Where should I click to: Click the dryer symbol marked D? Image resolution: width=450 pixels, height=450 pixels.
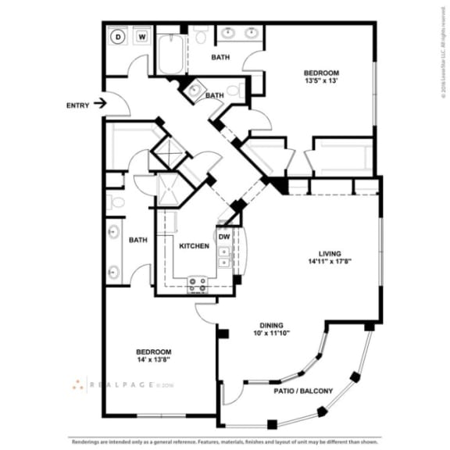coord(119,36)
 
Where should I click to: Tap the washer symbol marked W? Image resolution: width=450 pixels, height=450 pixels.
coord(143,36)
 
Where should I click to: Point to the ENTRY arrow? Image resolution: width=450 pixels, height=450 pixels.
coord(99,103)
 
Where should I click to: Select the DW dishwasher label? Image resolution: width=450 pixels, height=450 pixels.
coord(223,236)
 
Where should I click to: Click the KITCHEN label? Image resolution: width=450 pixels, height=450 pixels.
coord(194,245)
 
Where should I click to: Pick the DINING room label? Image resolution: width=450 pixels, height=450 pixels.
coord(271,326)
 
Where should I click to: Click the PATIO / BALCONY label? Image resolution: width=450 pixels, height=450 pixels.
coord(304,391)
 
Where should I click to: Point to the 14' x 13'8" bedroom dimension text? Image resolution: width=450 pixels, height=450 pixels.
coord(153,362)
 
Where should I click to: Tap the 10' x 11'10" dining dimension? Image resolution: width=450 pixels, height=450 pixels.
coord(271,335)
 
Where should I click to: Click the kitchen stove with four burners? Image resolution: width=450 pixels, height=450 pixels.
coord(198,284)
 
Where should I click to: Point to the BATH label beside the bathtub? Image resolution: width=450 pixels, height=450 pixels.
coord(220,57)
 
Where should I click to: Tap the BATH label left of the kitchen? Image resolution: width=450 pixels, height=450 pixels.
coord(139,240)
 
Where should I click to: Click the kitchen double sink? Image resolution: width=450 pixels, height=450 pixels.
coord(224,257)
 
